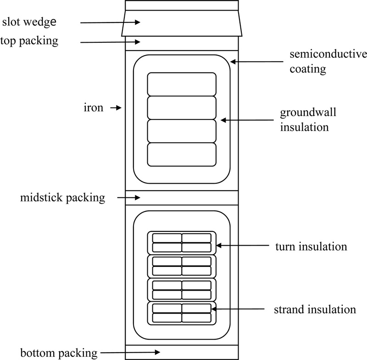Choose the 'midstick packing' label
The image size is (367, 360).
63,198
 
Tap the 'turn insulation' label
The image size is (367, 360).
311,247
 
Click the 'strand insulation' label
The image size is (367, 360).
315,309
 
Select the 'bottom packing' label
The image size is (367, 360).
59,353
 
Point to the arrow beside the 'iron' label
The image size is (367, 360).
116,108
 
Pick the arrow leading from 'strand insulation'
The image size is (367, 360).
239,309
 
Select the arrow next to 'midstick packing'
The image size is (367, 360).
129,198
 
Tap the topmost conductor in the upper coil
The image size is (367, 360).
181,84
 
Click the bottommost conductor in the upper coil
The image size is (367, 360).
181,154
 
